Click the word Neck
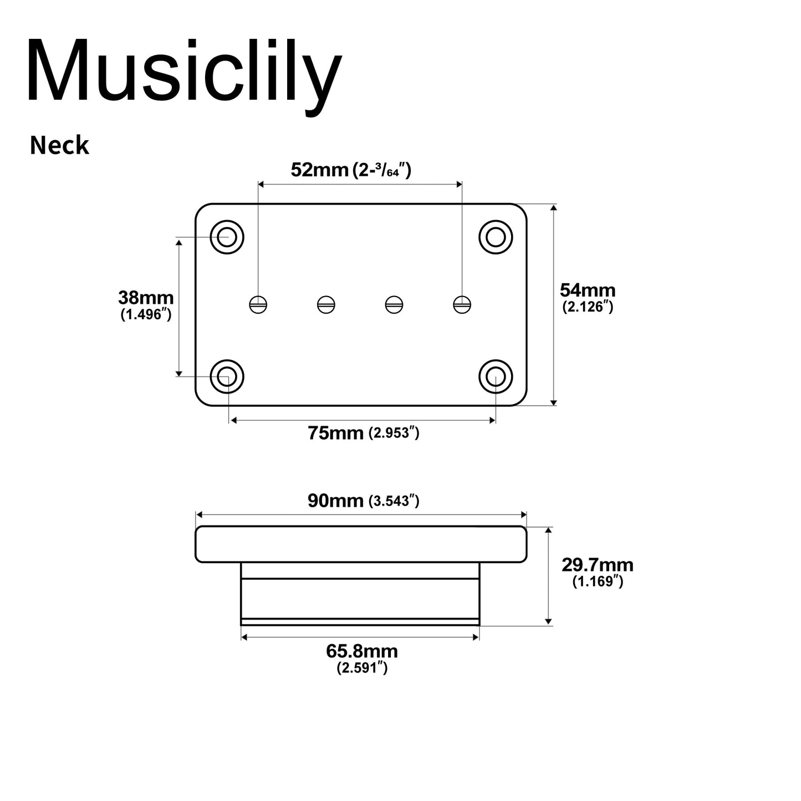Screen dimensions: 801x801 59,145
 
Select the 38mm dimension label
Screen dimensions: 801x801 146,298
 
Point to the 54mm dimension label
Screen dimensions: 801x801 588,290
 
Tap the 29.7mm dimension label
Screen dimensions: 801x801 598,565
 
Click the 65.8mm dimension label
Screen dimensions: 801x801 361,651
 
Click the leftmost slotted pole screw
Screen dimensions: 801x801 258,305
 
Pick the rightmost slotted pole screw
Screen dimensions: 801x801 462,305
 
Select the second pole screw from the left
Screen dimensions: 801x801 326,305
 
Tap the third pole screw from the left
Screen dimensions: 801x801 394,305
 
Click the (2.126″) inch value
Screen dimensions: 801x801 588,307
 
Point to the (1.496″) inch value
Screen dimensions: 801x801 146,314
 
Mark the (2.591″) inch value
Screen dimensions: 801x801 362,667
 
